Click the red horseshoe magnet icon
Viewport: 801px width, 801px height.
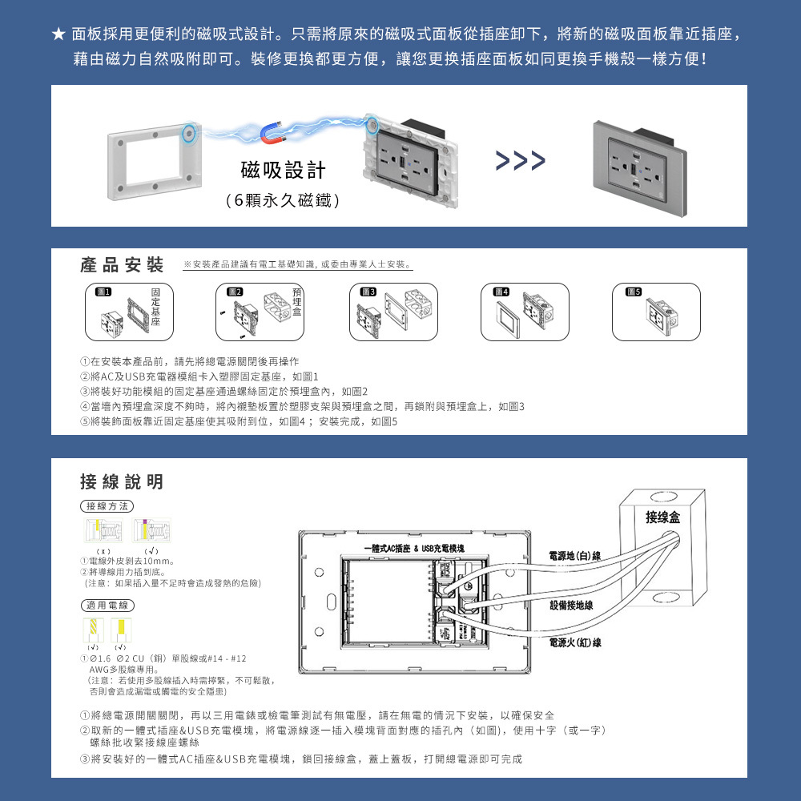click(275, 132)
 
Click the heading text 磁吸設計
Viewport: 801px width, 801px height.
click(283, 171)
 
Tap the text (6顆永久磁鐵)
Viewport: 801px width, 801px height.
click(283, 201)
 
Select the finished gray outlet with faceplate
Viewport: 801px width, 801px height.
click(638, 164)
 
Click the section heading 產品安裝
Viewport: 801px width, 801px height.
click(122, 265)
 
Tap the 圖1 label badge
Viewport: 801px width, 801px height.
click(103, 291)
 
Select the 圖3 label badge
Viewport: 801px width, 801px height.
click(368, 291)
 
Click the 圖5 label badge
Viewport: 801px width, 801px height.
click(634, 291)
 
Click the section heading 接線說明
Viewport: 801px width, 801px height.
click(122, 481)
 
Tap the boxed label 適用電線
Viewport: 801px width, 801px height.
click(107, 605)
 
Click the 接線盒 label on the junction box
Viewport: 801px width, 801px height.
click(663, 518)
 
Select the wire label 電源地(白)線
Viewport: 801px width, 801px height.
click(575, 555)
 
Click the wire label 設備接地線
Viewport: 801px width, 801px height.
click(571, 605)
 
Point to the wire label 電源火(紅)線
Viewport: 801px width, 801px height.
click(575, 642)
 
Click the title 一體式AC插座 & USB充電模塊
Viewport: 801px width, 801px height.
click(413, 548)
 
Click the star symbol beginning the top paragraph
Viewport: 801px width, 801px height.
click(58, 34)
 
